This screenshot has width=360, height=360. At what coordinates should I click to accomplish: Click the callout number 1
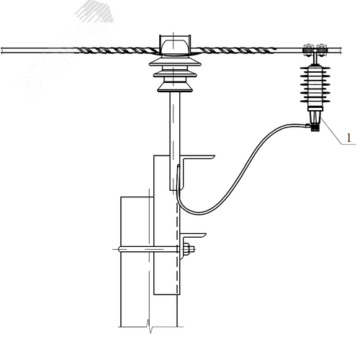(349, 138)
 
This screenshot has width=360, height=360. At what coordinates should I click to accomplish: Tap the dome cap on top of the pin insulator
(175, 48)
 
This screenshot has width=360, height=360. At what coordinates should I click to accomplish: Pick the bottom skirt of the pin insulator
(175, 87)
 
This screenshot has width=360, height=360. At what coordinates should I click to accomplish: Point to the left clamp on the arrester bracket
(307, 50)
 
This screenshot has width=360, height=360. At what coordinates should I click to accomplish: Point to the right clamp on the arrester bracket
(321, 50)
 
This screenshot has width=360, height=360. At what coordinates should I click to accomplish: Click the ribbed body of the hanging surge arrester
(315, 85)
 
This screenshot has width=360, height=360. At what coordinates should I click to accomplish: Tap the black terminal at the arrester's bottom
(315, 127)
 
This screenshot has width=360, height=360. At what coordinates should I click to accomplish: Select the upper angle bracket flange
(199, 157)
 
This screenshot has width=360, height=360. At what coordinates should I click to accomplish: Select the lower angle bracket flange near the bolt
(193, 235)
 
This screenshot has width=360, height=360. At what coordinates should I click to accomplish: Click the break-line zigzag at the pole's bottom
(150, 326)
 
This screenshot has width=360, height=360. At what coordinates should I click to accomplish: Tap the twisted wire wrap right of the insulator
(236, 50)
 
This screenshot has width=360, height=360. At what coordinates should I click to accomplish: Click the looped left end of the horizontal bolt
(120, 249)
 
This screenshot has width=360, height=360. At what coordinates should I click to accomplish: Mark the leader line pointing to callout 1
(332, 131)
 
